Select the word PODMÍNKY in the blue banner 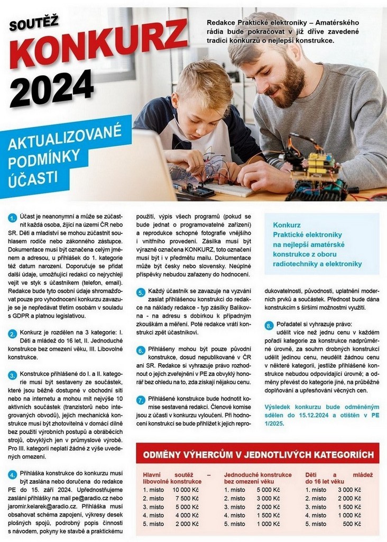[44, 157]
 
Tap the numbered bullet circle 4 [12, 474]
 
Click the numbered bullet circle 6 [141, 350]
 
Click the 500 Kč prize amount [352, 523]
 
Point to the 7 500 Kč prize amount [187, 498]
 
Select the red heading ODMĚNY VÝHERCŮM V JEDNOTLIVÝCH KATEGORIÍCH [257, 455]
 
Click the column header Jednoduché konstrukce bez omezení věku [257, 478]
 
